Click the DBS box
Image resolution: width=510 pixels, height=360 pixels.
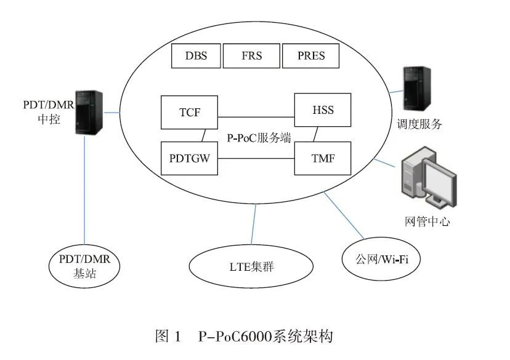(x=196, y=56)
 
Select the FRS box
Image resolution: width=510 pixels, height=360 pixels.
(x=251, y=56)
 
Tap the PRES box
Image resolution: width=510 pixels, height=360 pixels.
(x=311, y=56)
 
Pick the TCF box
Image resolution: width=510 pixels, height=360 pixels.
(x=188, y=112)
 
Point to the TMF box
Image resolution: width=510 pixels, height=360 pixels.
(x=323, y=159)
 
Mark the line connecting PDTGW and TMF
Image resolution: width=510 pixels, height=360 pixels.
(x=256, y=159)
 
